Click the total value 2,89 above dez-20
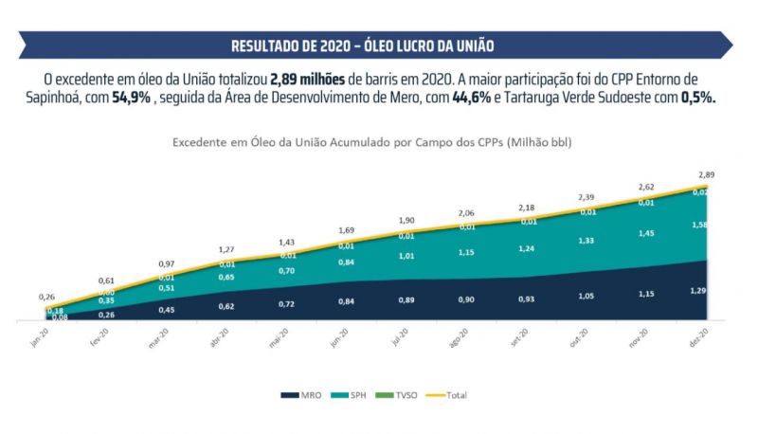tap(706, 175)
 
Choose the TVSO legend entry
tap(406, 395)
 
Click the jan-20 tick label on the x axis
tap(39, 339)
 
